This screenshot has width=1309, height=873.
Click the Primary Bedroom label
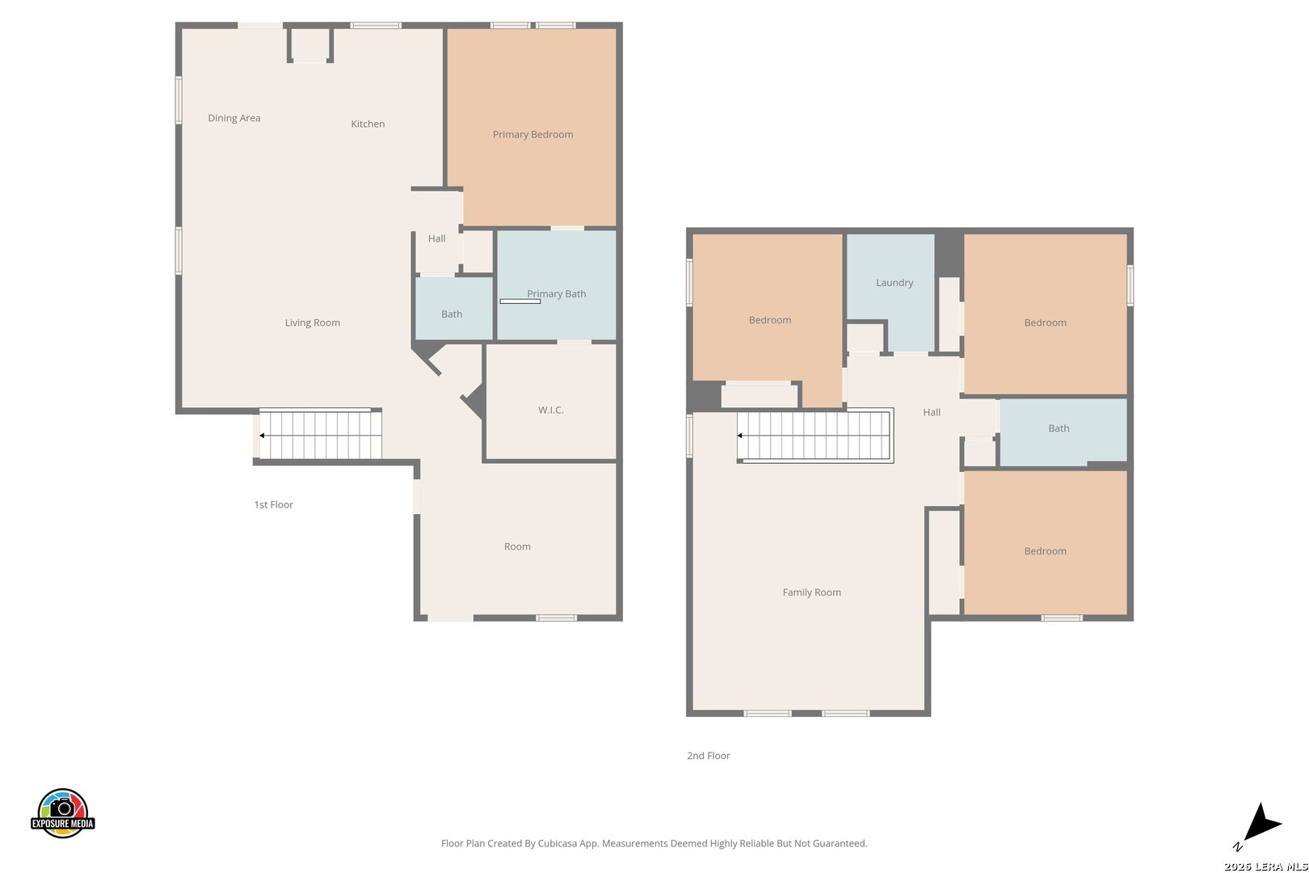pyautogui.click(x=532, y=134)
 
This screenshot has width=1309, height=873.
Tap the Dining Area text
pyautogui.click(x=234, y=118)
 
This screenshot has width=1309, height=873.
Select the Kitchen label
pyautogui.click(x=368, y=124)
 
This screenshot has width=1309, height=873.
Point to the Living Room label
pyautogui.click(x=312, y=323)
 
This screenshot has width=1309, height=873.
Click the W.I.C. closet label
pyautogui.click(x=550, y=410)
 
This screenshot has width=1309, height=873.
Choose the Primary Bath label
pyautogui.click(x=556, y=293)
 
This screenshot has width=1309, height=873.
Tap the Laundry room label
pyautogui.click(x=894, y=283)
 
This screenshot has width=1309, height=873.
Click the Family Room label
pyautogui.click(x=812, y=593)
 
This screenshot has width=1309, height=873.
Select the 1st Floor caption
pyautogui.click(x=273, y=504)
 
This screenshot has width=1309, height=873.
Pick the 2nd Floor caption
pyautogui.click(x=709, y=756)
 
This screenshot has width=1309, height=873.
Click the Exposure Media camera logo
pyautogui.click(x=62, y=812)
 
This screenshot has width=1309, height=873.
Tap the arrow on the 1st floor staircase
pyautogui.click(x=263, y=436)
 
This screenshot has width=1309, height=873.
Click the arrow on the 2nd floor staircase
pyautogui.click(x=740, y=436)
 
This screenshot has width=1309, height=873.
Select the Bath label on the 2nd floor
pyautogui.click(x=1059, y=428)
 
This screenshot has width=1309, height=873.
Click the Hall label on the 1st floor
pyautogui.click(x=436, y=238)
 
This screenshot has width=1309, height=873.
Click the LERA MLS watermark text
pyautogui.click(x=1265, y=867)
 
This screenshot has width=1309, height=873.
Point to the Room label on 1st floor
pyautogui.click(x=517, y=546)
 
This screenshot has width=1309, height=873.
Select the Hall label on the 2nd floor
pyautogui.click(x=932, y=412)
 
